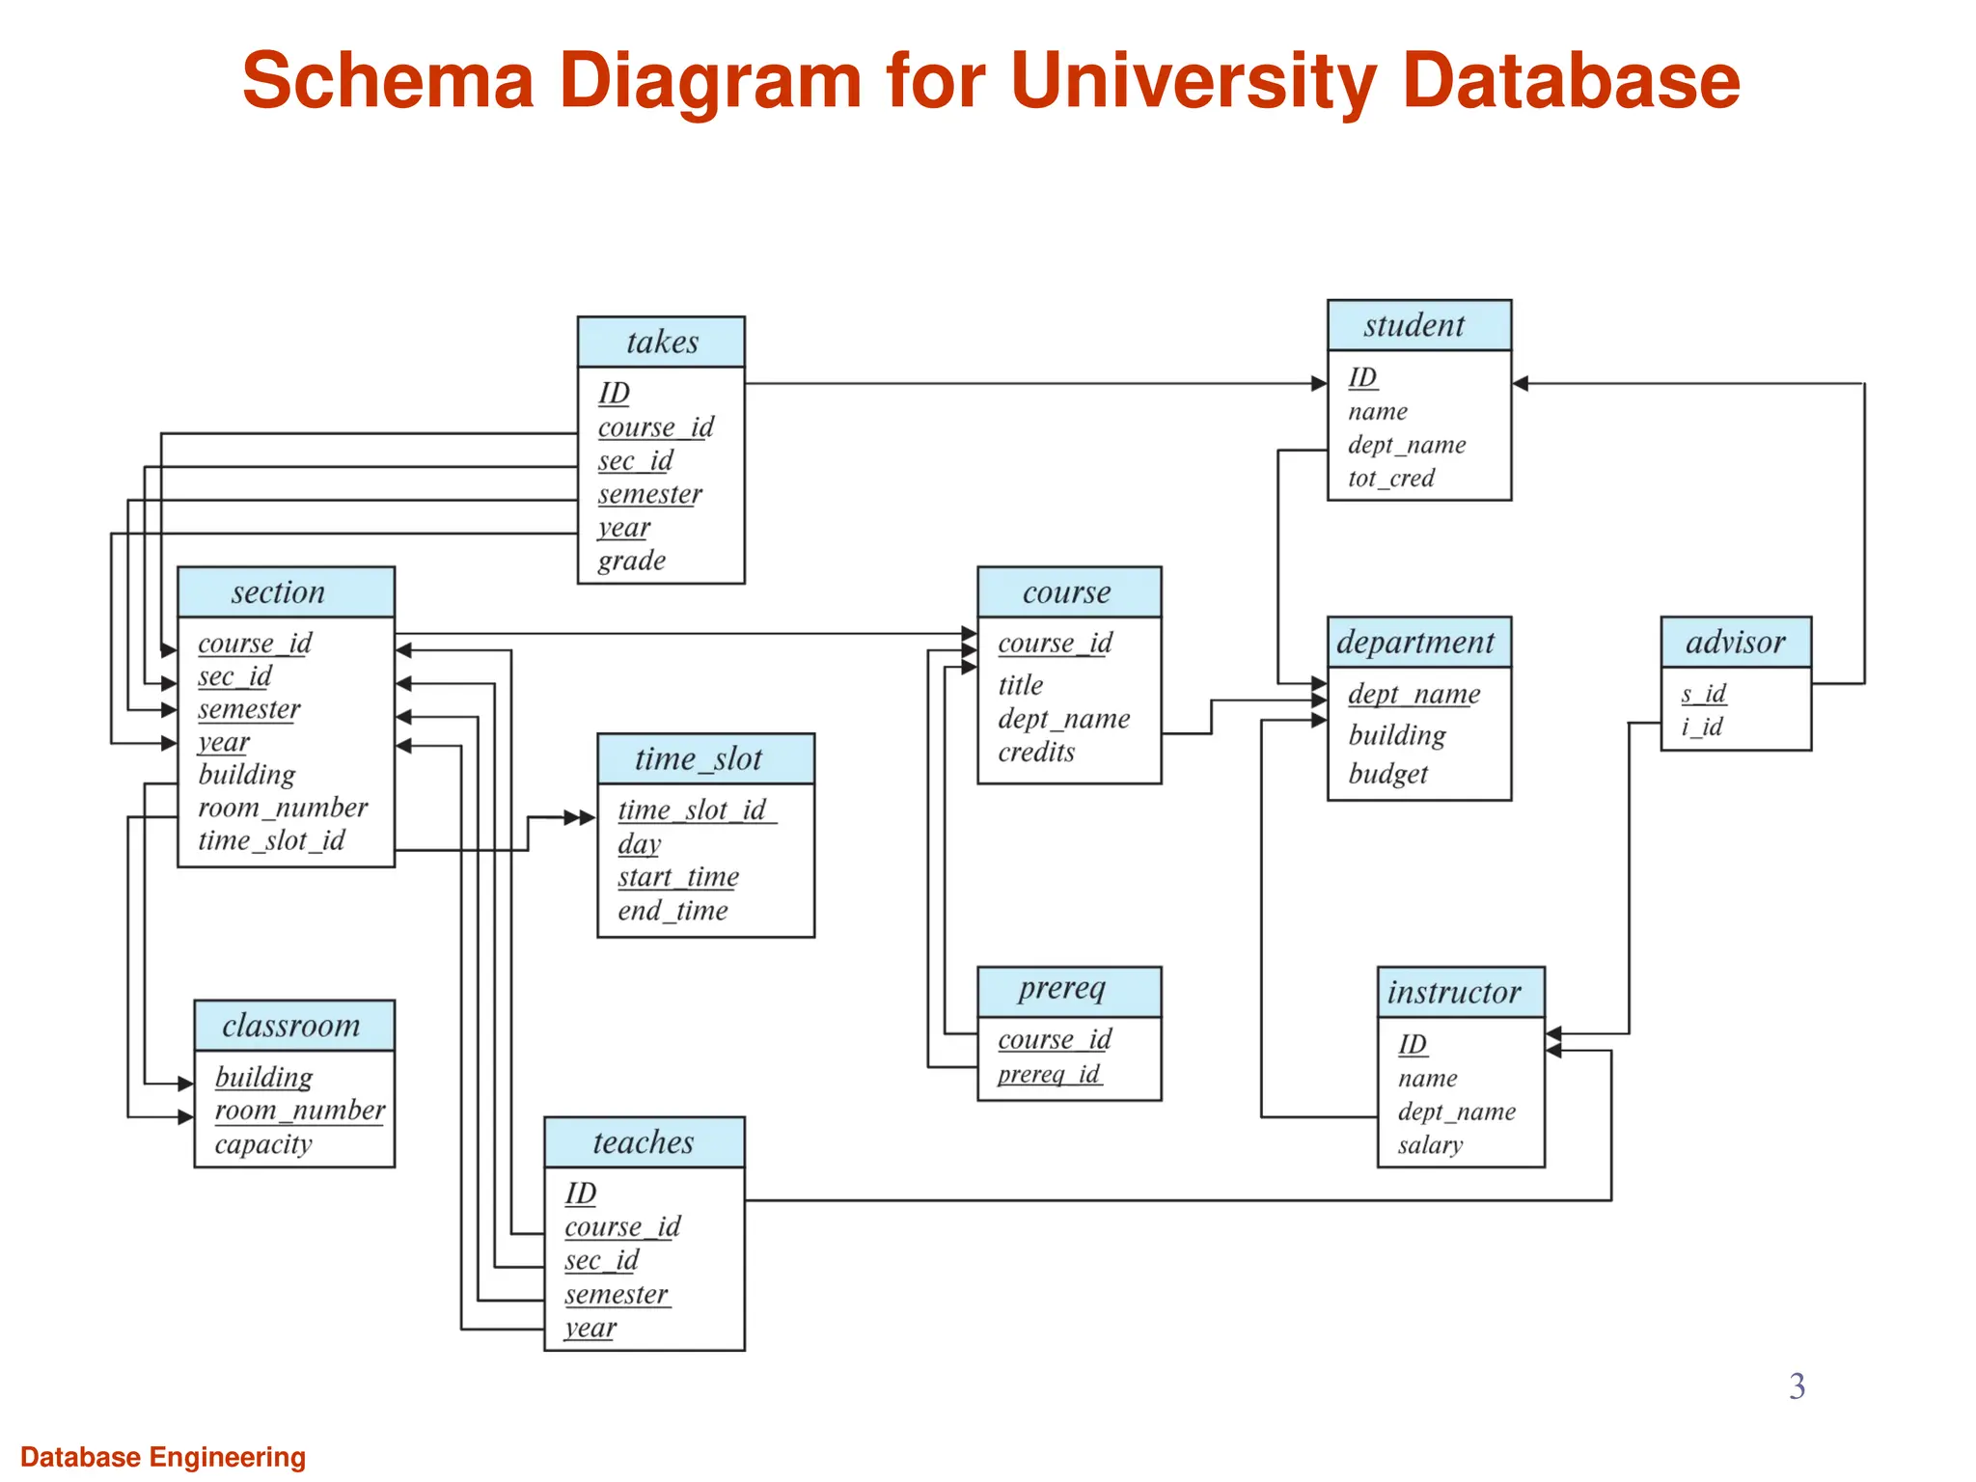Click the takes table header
[x=661, y=342]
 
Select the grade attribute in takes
[x=631, y=561]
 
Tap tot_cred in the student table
[x=1390, y=479]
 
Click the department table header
[x=1417, y=643]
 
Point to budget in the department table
[x=1386, y=774]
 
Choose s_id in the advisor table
[x=1703, y=694]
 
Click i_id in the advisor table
[x=1702, y=727]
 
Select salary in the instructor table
[x=1430, y=1145]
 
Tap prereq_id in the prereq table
[x=1048, y=1074]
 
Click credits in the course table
[x=1035, y=753]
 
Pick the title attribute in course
[x=1020, y=685]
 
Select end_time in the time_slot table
[x=672, y=911]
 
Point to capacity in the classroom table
[x=262, y=1144]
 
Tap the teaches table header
[x=644, y=1142]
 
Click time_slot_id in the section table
[x=271, y=840]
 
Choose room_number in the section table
[x=283, y=808]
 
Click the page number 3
[x=1797, y=1386]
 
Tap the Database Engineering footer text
[x=163, y=1457]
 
